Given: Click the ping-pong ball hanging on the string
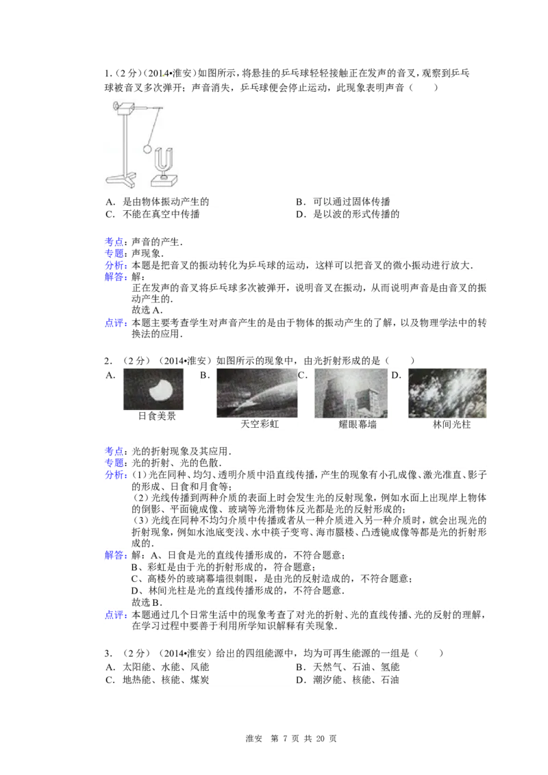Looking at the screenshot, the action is pyautogui.click(x=147, y=149).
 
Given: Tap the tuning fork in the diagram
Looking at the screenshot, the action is pyautogui.click(x=164, y=162).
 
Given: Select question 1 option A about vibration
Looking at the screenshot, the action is pyautogui.click(x=158, y=202).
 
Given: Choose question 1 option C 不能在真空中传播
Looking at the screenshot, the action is pyautogui.click(x=153, y=214).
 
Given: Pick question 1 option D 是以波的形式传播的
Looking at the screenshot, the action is pyautogui.click(x=348, y=214).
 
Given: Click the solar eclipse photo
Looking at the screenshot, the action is pyautogui.click(x=153, y=390).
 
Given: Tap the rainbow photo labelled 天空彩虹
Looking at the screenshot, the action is pyautogui.click(x=257, y=394).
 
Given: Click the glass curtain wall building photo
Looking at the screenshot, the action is pyautogui.click(x=351, y=394).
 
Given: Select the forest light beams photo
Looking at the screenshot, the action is pyautogui.click(x=447, y=394).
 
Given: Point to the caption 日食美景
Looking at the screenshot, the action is pyautogui.click(x=157, y=416).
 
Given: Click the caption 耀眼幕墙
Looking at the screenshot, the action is pyautogui.click(x=358, y=424).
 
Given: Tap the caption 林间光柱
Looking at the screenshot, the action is pyautogui.click(x=452, y=424).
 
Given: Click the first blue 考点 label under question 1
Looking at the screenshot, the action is pyautogui.click(x=115, y=242).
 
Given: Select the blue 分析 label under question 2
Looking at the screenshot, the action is pyautogui.click(x=115, y=474).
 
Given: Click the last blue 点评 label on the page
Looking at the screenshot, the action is pyautogui.click(x=115, y=615).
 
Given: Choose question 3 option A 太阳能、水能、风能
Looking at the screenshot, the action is pyautogui.click(x=158, y=668).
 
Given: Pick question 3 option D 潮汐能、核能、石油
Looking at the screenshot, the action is pyautogui.click(x=348, y=680).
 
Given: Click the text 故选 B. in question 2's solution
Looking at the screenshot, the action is pyautogui.click(x=147, y=602).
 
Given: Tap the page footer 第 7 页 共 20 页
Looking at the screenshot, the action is pyautogui.click(x=303, y=739).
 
